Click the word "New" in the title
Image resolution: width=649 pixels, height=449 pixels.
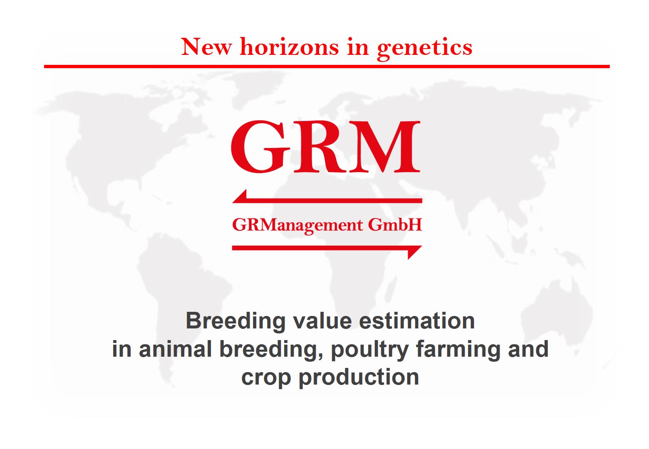tap(206, 47)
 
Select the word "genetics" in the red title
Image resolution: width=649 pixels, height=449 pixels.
tap(424, 49)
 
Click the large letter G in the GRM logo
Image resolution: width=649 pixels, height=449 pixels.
tap(260, 146)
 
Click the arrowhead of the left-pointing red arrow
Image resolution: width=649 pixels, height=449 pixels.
tap(240, 197)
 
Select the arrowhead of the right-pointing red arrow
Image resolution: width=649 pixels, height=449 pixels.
tap(415, 252)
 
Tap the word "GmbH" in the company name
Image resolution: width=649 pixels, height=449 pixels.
tap(395, 224)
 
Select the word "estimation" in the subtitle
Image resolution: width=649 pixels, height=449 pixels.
tap(416, 321)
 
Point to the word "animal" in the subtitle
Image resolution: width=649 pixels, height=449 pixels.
tap(175, 349)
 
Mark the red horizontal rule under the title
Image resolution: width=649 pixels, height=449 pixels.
tap(327, 67)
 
